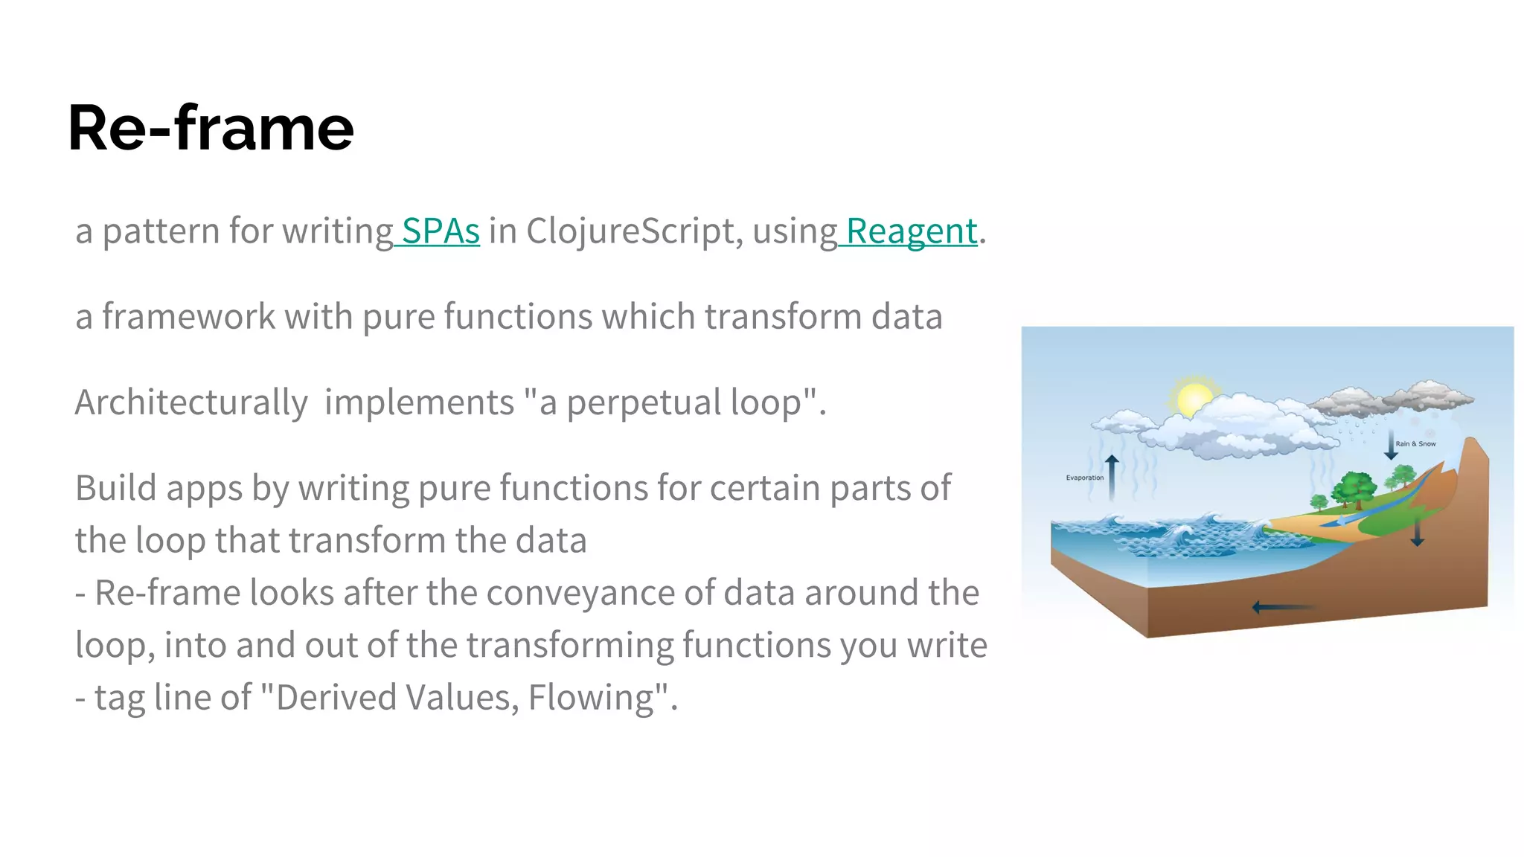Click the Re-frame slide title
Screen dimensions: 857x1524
[211, 128]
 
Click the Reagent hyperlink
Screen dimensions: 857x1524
[911, 231]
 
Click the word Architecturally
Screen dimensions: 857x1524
[191, 402]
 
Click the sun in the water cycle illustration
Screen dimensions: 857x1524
[1193, 398]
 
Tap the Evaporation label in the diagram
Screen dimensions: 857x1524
[1084, 478]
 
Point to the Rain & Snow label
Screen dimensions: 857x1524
[1415, 444]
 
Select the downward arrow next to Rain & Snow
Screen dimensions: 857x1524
[1390, 445]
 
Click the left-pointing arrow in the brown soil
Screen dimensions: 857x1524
[1281, 608]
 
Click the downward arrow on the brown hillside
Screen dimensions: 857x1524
[1417, 530]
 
